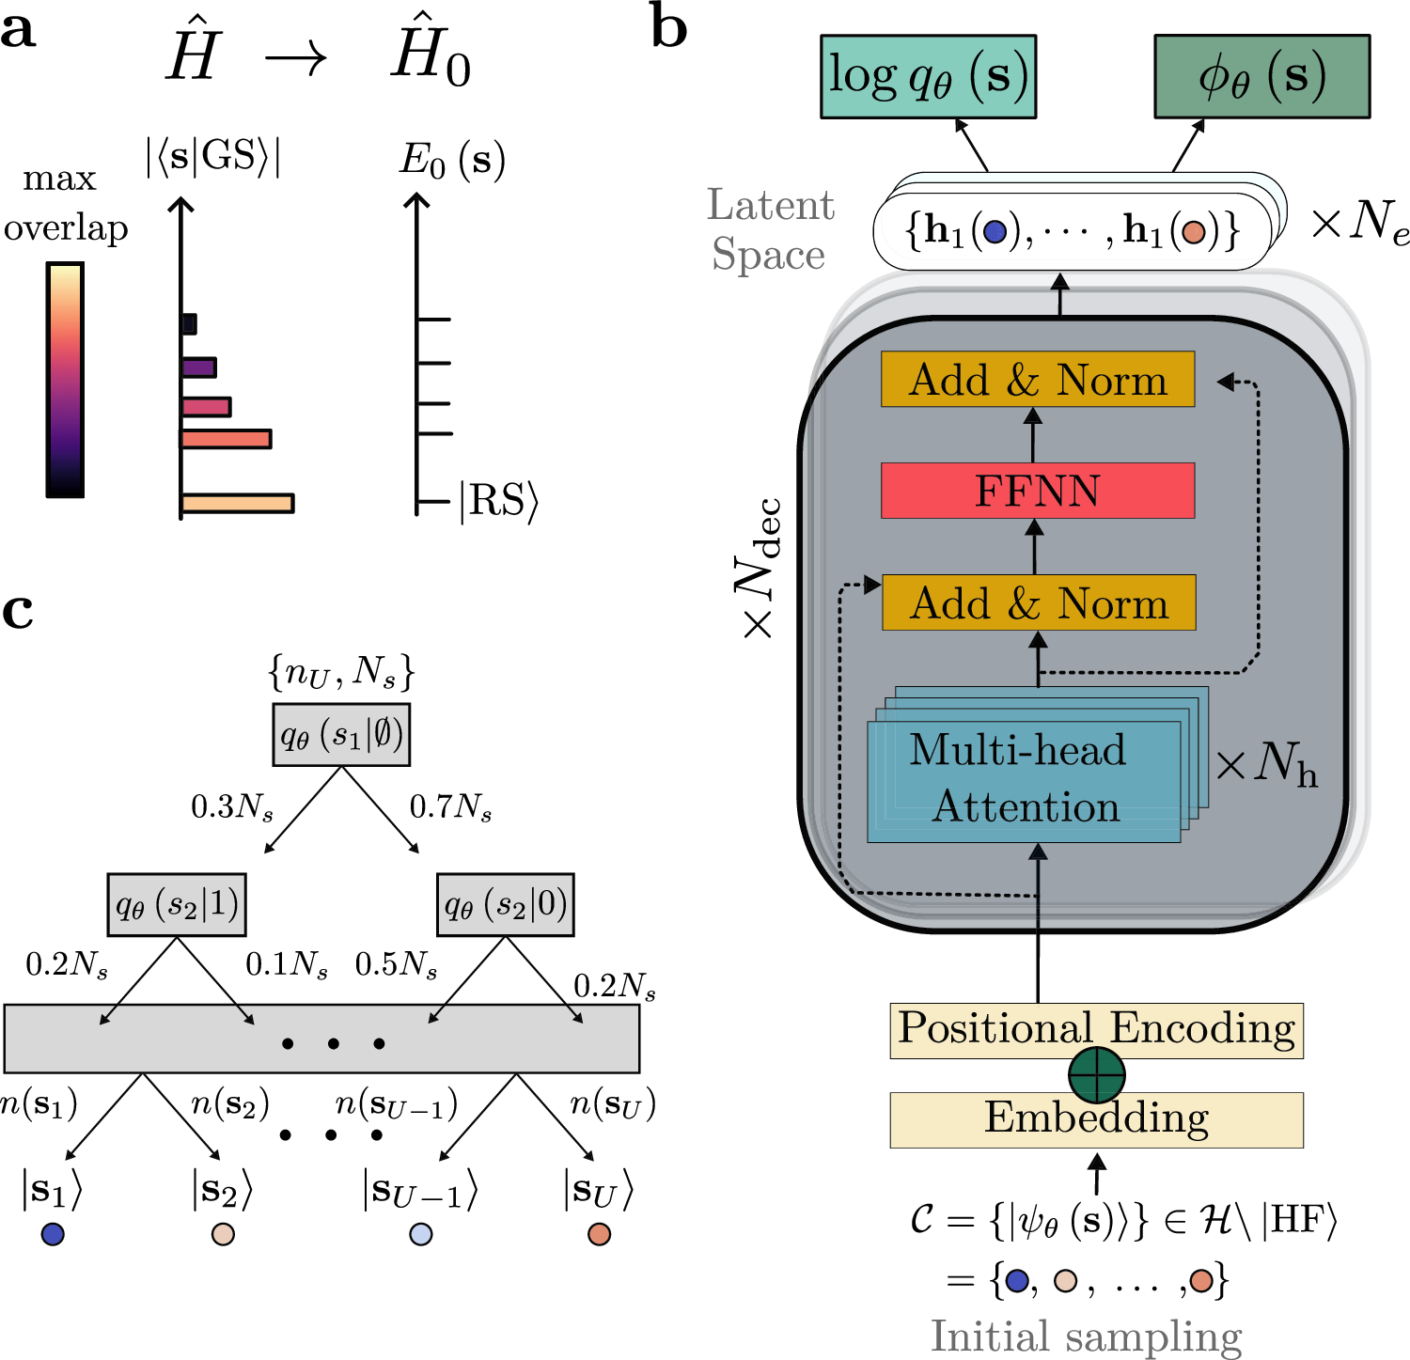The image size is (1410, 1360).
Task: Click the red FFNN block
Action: pyautogui.click(x=1038, y=491)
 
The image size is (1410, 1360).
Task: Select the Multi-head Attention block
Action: pyautogui.click(x=1024, y=781)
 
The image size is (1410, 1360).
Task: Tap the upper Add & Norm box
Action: pyautogui.click(x=1038, y=380)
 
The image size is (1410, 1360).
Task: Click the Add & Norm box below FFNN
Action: pyautogui.click(x=1039, y=602)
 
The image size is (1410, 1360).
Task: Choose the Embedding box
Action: pyautogui.click(x=1096, y=1119)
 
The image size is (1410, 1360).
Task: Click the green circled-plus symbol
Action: pyautogui.click(x=1097, y=1074)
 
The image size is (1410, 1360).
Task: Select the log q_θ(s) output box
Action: pyautogui.click(x=928, y=77)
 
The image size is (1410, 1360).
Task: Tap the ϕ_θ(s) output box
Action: pyautogui.click(x=1261, y=77)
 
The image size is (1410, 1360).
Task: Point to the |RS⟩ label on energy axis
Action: pyautogui.click(x=498, y=501)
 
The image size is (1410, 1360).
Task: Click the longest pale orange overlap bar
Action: pyautogui.click(x=238, y=503)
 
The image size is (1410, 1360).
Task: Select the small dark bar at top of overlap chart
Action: pyautogui.click(x=189, y=324)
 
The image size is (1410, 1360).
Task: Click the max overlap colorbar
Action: pyautogui.click(x=65, y=380)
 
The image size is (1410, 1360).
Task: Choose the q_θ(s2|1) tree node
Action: pyautogui.click(x=177, y=905)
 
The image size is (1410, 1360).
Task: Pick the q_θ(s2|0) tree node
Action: pyautogui.click(x=506, y=905)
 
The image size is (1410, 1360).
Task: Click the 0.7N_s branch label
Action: pyautogui.click(x=450, y=807)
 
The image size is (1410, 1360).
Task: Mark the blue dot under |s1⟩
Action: pyautogui.click(x=53, y=1234)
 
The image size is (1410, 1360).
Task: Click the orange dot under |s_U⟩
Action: pyautogui.click(x=599, y=1234)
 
